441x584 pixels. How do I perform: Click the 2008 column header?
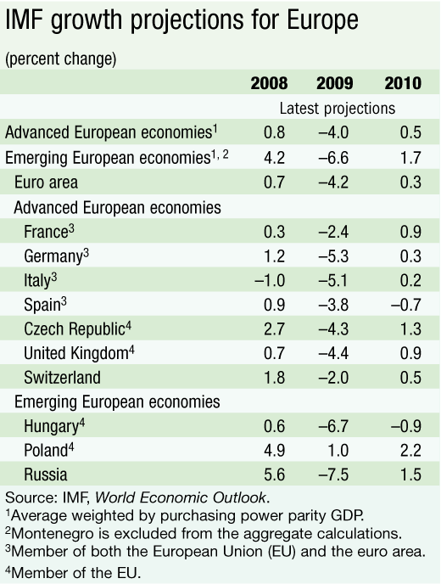269,83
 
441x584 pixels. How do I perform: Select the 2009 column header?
334,83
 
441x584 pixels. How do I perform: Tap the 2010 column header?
403,83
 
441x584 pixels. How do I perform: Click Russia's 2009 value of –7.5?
333,474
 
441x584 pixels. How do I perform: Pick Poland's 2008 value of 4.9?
274,450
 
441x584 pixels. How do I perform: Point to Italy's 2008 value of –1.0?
270,280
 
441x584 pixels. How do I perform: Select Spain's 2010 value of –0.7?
406,305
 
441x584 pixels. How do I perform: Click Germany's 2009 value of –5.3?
333,256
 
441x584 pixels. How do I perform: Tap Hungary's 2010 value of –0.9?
406,426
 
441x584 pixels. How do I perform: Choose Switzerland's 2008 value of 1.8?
274,378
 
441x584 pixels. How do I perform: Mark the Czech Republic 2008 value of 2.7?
274,328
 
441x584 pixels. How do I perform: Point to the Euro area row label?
46,182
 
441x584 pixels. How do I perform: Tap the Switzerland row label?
62,378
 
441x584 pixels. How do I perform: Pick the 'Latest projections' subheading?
338,109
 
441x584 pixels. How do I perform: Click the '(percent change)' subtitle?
61,59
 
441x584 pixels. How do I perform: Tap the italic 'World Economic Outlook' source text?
181,497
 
